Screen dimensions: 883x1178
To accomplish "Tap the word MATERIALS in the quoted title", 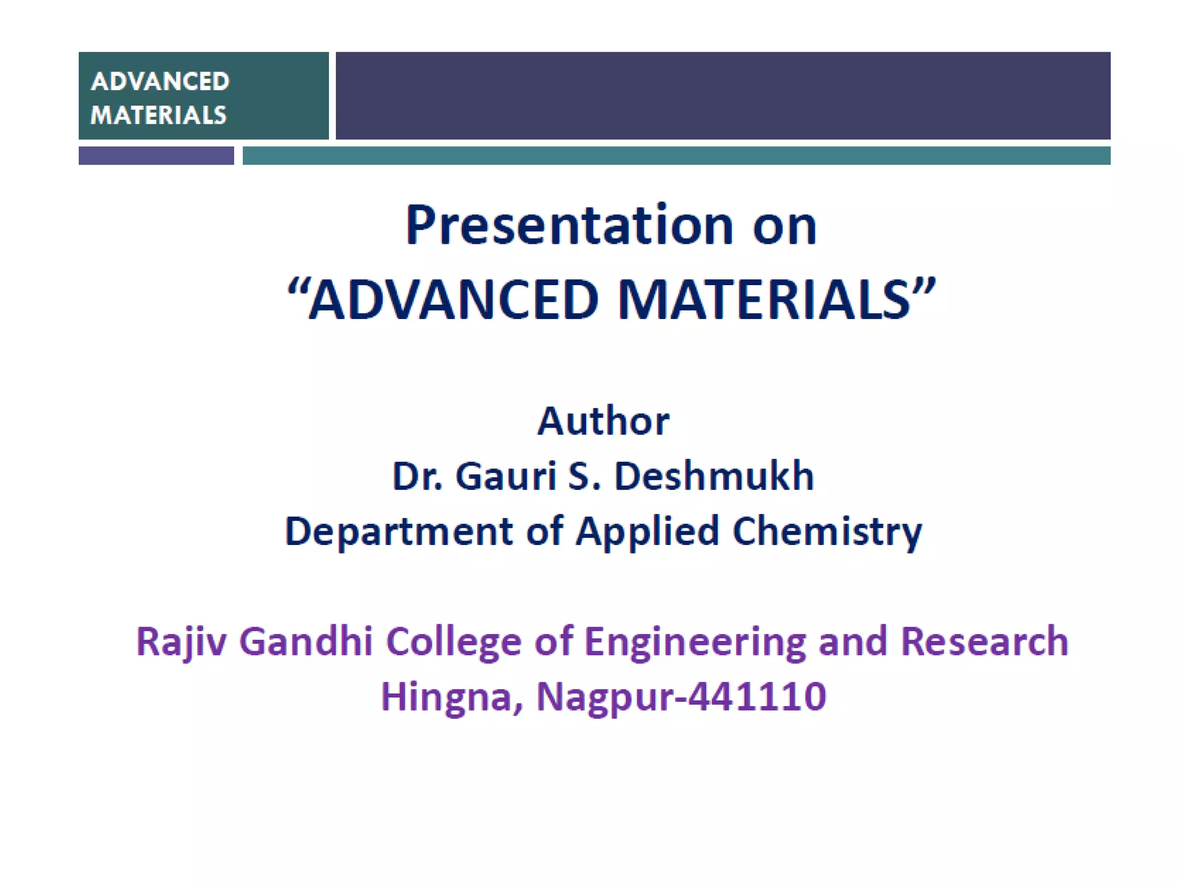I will tap(764, 300).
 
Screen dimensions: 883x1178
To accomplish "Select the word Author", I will tap(603, 421).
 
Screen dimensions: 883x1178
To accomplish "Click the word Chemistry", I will tap(827, 531).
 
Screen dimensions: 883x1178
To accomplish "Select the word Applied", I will tap(647, 531).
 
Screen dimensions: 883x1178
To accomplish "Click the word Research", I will tap(984, 642).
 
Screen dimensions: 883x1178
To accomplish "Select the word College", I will tap(454, 642).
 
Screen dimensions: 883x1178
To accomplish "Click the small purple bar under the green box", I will tap(156, 156).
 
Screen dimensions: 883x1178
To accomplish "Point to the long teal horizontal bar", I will tap(676, 156).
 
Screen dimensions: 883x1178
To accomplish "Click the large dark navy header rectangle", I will tap(722, 95).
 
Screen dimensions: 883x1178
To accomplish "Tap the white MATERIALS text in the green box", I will tap(159, 115).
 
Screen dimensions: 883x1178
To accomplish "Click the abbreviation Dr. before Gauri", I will tap(417, 477).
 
